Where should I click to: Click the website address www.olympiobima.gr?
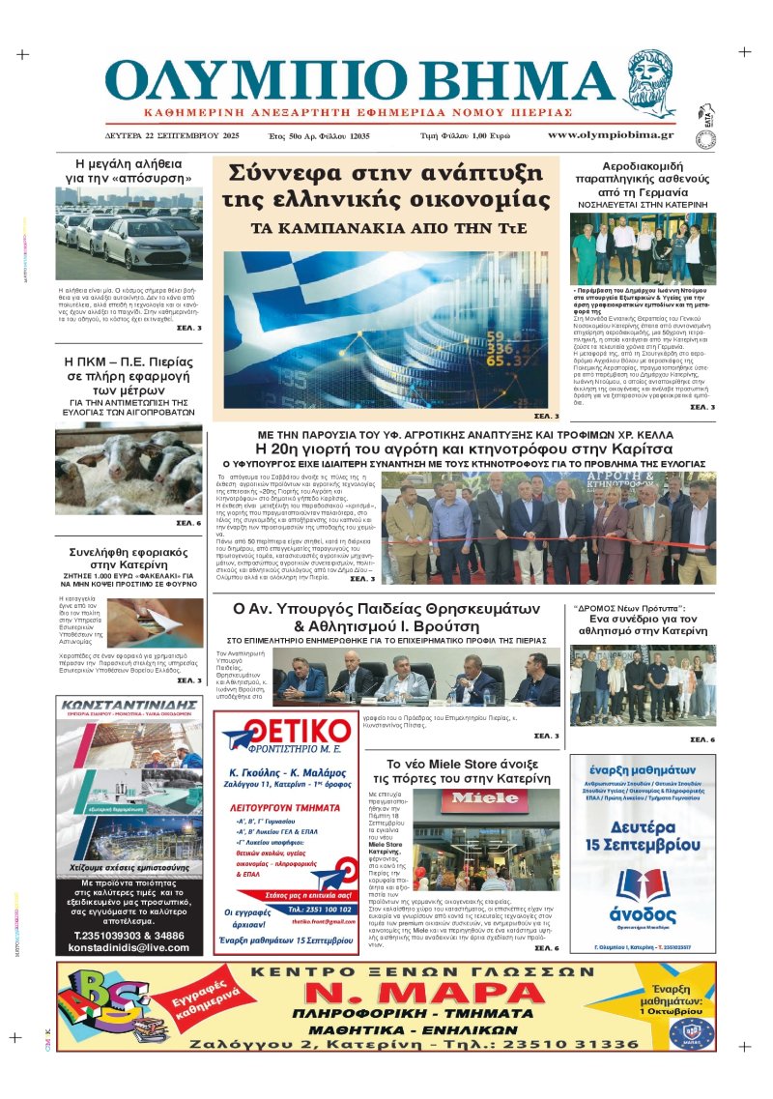[610, 135]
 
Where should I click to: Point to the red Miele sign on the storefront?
[486, 797]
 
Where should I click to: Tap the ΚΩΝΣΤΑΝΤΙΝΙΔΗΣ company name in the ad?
[129, 706]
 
